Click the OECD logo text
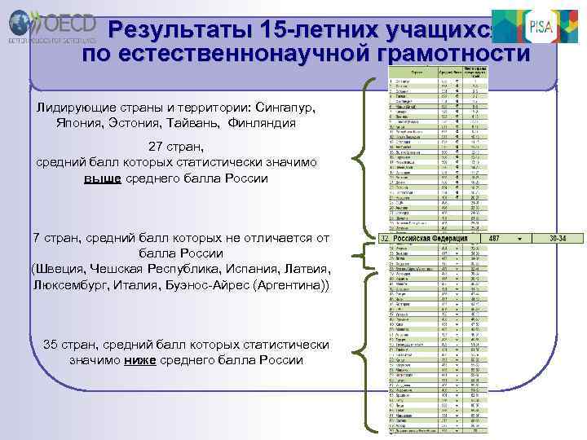(x=65, y=20)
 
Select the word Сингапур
(x=285, y=108)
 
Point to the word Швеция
(x=62, y=269)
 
